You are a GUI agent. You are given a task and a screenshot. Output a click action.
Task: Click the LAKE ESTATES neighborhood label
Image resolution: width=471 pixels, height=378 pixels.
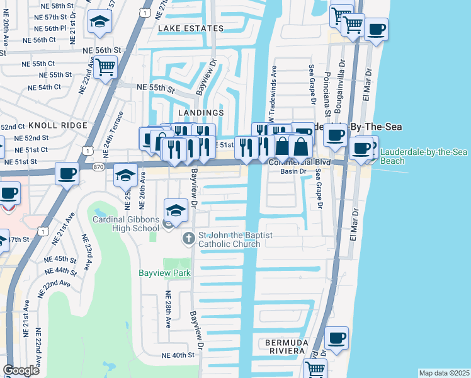tap(191, 28)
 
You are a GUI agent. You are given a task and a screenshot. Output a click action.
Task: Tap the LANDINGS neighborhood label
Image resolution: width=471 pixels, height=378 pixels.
tap(201, 113)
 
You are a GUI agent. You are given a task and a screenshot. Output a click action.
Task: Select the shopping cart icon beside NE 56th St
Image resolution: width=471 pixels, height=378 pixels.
tap(106, 66)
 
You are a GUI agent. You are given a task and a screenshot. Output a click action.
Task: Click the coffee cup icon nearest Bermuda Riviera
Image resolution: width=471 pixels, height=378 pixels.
tap(337, 336)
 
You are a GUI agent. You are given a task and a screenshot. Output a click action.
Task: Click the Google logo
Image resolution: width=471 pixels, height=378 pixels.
tap(21, 370)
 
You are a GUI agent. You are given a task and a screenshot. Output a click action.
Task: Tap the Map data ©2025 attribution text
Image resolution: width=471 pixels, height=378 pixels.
tap(443, 373)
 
